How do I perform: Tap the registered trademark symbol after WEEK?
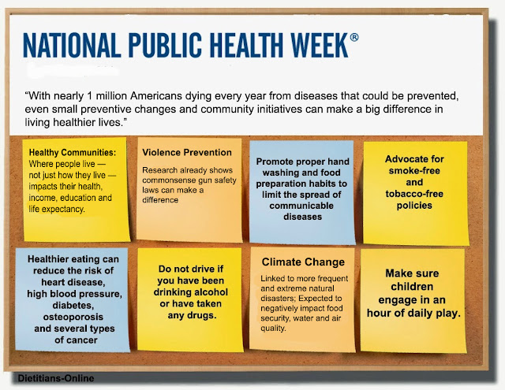(354, 37)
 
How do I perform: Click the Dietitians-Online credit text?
(56, 378)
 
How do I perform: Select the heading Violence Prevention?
(187, 152)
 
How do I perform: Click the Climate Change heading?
(303, 262)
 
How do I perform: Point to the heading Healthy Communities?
(73, 152)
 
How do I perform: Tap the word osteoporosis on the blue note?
(73, 317)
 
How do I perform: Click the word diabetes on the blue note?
(73, 305)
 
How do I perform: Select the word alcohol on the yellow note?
(208, 292)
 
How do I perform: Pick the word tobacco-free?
(414, 194)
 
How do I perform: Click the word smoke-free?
(414, 171)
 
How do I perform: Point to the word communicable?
(301, 206)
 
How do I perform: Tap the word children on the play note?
(412, 287)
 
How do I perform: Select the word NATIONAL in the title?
(72, 45)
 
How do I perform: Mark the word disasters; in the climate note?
(278, 299)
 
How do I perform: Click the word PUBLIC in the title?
(166, 45)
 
